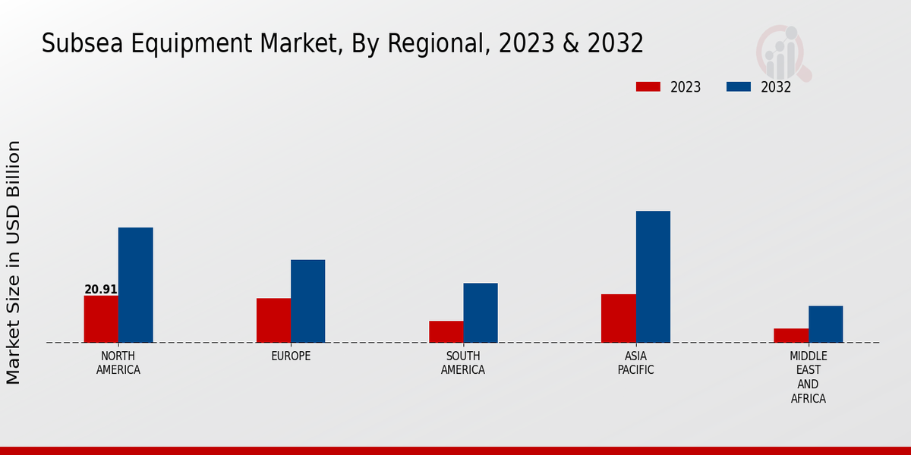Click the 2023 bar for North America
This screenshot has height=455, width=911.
[x=101, y=318]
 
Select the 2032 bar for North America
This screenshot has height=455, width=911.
[x=135, y=284]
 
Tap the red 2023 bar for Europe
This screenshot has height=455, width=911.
[x=273, y=320]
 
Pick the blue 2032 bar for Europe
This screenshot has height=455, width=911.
[x=307, y=301]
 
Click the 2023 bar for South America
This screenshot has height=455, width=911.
[x=446, y=331]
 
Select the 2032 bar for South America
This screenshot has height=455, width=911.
[x=481, y=312]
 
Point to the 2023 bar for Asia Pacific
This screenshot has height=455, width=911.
[x=618, y=318]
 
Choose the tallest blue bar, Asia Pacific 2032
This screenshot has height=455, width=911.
[x=653, y=276]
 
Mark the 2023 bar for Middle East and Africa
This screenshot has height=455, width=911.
[x=791, y=335]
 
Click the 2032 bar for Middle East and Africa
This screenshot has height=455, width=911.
[x=825, y=324]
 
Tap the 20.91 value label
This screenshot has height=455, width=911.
[x=101, y=289]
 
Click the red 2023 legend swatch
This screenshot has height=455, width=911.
[x=648, y=86]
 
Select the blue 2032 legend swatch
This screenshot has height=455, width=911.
[x=738, y=86]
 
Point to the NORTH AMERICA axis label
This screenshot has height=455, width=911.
[x=118, y=363]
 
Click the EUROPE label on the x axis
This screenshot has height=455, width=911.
[x=291, y=356]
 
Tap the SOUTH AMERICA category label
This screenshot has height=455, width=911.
[x=463, y=363]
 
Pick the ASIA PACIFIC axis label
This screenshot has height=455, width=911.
[x=635, y=363]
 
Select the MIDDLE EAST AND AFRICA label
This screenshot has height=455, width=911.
[x=809, y=377]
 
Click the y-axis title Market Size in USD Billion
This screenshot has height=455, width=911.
[x=14, y=262]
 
